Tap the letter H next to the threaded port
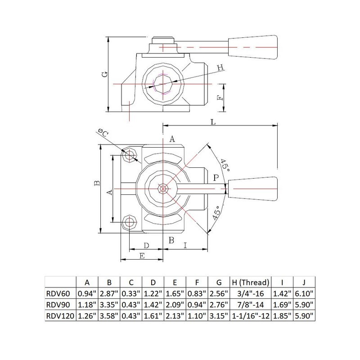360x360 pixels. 220,68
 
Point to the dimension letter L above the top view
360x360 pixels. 212,121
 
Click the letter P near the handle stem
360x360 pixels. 216,178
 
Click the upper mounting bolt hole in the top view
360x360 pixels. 130,155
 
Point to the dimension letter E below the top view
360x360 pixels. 141,256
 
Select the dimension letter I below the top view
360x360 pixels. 185,245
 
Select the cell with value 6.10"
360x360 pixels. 303,294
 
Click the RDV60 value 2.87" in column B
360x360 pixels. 109,294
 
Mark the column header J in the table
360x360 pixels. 303,283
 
